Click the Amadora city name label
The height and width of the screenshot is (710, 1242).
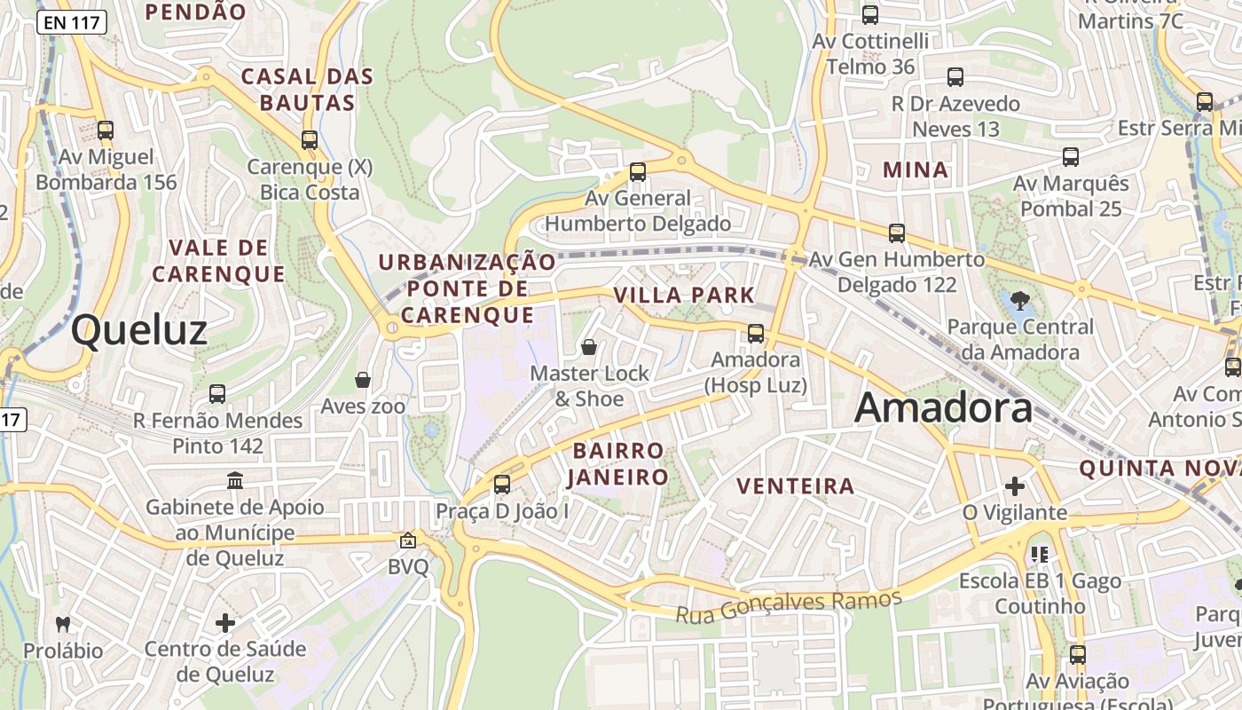944,408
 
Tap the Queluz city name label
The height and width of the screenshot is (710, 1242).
139,329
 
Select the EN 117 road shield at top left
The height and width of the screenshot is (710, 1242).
72,23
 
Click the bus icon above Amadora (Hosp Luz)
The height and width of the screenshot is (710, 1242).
756,334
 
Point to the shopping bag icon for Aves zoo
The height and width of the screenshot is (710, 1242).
363,380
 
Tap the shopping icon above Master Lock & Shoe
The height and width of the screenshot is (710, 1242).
589,347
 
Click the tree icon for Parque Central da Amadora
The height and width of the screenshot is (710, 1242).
1020,300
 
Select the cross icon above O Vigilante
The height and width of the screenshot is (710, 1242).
1015,486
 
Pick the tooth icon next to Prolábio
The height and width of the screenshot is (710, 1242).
62,624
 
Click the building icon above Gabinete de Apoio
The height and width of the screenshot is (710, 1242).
235,480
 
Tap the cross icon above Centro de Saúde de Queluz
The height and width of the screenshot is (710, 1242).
225,622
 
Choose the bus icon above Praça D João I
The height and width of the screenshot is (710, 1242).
502,485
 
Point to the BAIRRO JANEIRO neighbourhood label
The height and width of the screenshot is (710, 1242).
618,463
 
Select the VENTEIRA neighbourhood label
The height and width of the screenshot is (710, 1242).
796,485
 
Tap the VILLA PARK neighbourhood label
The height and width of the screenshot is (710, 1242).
684,295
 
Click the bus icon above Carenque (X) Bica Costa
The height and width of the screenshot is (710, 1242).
310,140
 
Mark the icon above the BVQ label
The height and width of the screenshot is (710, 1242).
408,540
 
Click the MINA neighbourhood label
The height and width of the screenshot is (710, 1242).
916,170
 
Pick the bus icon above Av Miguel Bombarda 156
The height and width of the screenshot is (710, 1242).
106,131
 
